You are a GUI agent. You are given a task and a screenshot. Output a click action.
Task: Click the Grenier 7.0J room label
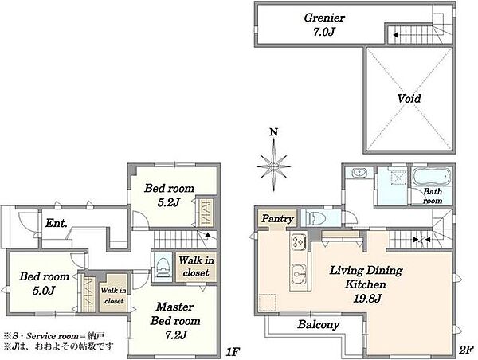pos(324,25)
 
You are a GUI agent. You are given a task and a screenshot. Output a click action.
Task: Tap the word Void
pos(409,98)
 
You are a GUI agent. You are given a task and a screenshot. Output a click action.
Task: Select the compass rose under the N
pos(274,166)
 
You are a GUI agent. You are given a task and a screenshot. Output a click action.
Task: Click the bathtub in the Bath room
pos(431,176)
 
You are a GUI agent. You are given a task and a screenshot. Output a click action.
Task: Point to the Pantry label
pos(277,219)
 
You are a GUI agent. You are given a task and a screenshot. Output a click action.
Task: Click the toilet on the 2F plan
pos(314,218)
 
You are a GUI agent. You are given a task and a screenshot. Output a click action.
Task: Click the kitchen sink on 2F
pos(299,273)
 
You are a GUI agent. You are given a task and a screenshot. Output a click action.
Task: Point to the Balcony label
pos(319,324)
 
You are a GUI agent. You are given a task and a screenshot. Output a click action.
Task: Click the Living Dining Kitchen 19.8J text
pos(366,284)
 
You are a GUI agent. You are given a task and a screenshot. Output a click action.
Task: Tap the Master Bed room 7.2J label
pos(175,321)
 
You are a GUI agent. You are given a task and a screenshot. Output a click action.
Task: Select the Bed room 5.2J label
pos(169,195)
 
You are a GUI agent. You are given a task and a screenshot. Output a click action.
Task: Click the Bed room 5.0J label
pos(44,284)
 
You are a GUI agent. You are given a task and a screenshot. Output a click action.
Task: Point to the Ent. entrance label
pos(56,223)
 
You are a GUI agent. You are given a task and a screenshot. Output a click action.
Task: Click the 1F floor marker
pos(233,352)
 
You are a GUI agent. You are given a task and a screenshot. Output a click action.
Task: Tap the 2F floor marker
pos(466,350)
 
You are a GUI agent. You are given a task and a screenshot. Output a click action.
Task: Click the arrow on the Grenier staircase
pos(395,35)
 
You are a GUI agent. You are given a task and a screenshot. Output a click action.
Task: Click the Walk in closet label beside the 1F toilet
pos(196,267)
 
